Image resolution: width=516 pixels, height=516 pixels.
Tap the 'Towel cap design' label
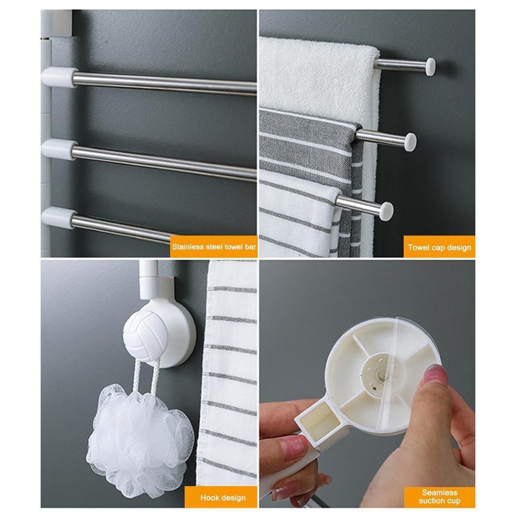[440, 247]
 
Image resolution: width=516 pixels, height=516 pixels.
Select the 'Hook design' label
[223, 498]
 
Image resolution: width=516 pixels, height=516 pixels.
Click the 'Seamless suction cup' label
[440, 496]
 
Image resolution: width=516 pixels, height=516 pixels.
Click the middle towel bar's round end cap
[410, 141]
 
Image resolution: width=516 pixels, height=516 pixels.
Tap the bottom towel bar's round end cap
[385, 211]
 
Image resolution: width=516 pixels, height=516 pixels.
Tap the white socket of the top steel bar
[58, 77]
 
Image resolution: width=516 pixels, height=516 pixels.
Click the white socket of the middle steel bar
[58, 149]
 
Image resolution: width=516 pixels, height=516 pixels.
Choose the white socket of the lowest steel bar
[57, 217]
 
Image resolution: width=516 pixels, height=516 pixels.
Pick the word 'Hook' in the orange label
[210, 498]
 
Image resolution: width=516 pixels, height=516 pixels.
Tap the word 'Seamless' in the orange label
[440, 492]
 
